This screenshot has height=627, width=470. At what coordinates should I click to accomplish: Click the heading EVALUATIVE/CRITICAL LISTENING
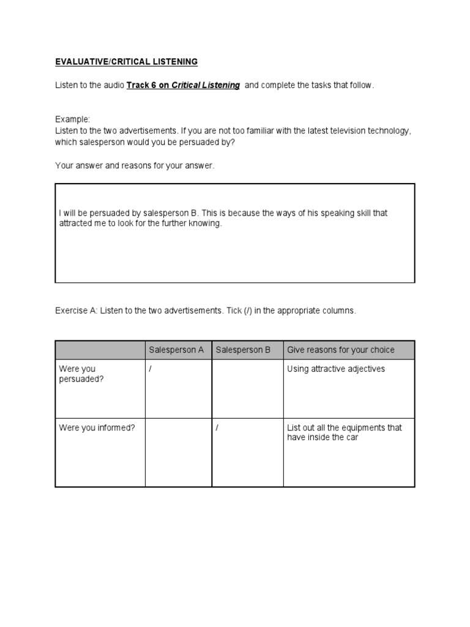127,62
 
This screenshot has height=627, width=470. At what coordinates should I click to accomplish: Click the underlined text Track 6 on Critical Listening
183,85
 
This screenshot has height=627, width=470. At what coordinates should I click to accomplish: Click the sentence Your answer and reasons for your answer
135,166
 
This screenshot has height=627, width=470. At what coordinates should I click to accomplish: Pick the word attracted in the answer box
75,223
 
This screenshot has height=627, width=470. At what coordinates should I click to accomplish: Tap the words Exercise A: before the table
76,311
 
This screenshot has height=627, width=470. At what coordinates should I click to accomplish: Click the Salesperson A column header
177,350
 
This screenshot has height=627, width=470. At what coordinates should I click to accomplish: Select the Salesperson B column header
243,350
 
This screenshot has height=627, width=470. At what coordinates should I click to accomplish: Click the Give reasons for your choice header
341,350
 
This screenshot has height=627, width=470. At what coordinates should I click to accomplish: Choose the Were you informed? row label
97,428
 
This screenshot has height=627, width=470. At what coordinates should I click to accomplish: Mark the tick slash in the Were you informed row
217,428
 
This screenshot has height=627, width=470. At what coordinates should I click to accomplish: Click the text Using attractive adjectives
336,369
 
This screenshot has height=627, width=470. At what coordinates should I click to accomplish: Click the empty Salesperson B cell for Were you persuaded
247,388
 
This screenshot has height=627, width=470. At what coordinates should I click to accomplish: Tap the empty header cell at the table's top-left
100,350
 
